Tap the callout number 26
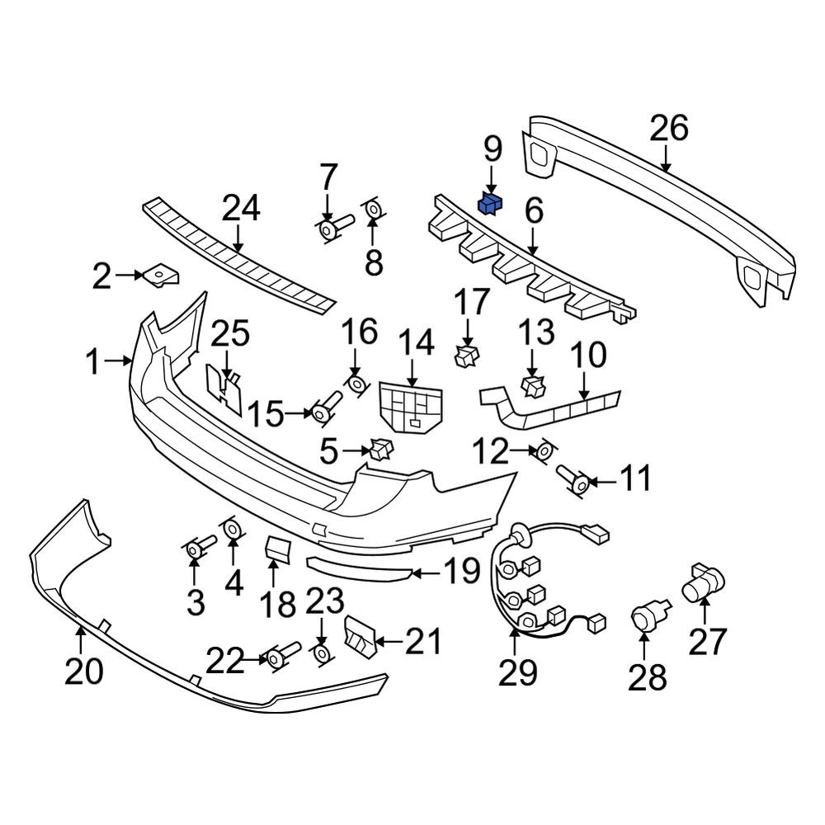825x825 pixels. [669, 128]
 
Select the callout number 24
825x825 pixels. [241, 208]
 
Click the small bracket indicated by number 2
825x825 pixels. [161, 276]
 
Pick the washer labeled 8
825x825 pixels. [373, 210]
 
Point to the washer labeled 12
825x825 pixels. [544, 451]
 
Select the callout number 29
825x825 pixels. [518, 672]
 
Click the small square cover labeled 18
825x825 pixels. [276, 549]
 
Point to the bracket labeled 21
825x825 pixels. [360, 637]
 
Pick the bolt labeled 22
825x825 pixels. [283, 654]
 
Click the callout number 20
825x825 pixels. [83, 672]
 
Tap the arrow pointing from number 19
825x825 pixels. [426, 573]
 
